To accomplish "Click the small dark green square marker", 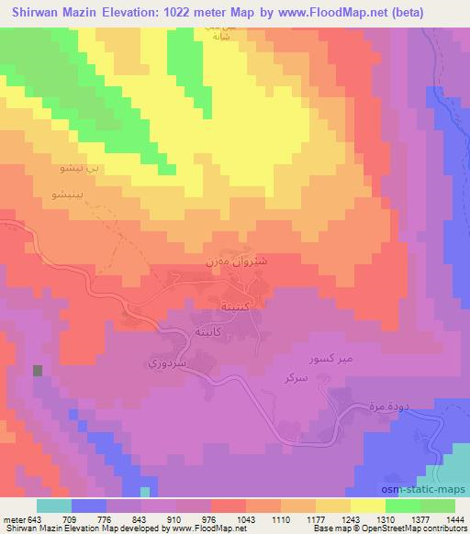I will pyautogui.click(x=38, y=371).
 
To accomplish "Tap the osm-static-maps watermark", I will pyautogui.click(x=430, y=472).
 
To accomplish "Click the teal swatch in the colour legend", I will pyautogui.click(x=53, y=506).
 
